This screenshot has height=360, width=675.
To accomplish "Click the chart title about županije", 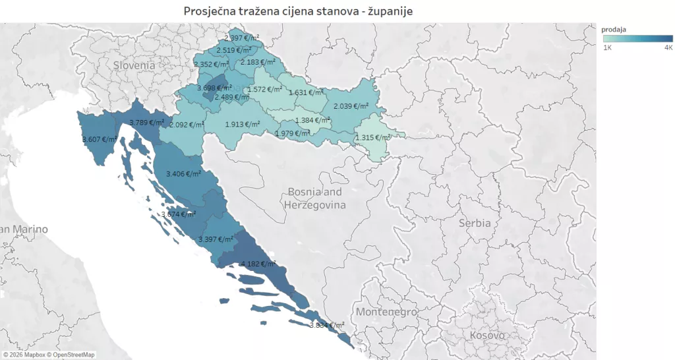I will click(298, 11).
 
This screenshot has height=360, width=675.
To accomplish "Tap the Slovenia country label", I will click(134, 65).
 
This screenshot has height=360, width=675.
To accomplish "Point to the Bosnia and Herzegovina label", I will click(315, 198).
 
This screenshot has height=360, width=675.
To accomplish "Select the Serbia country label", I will click(475, 223).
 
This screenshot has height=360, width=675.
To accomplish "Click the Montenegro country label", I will click(386, 311).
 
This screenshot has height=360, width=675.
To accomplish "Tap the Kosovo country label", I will click(487, 336).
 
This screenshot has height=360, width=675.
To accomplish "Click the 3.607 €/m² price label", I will click(100, 139).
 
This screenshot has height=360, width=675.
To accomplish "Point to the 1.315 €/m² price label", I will click(372, 137).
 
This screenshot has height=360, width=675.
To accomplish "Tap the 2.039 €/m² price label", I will click(351, 105).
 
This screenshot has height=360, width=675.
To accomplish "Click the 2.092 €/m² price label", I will click(187, 125).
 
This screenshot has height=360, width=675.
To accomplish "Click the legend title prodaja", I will click(613, 30).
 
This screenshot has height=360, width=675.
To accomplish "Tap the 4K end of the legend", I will click(668, 48).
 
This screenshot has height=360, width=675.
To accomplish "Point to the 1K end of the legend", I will click(607, 48).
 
